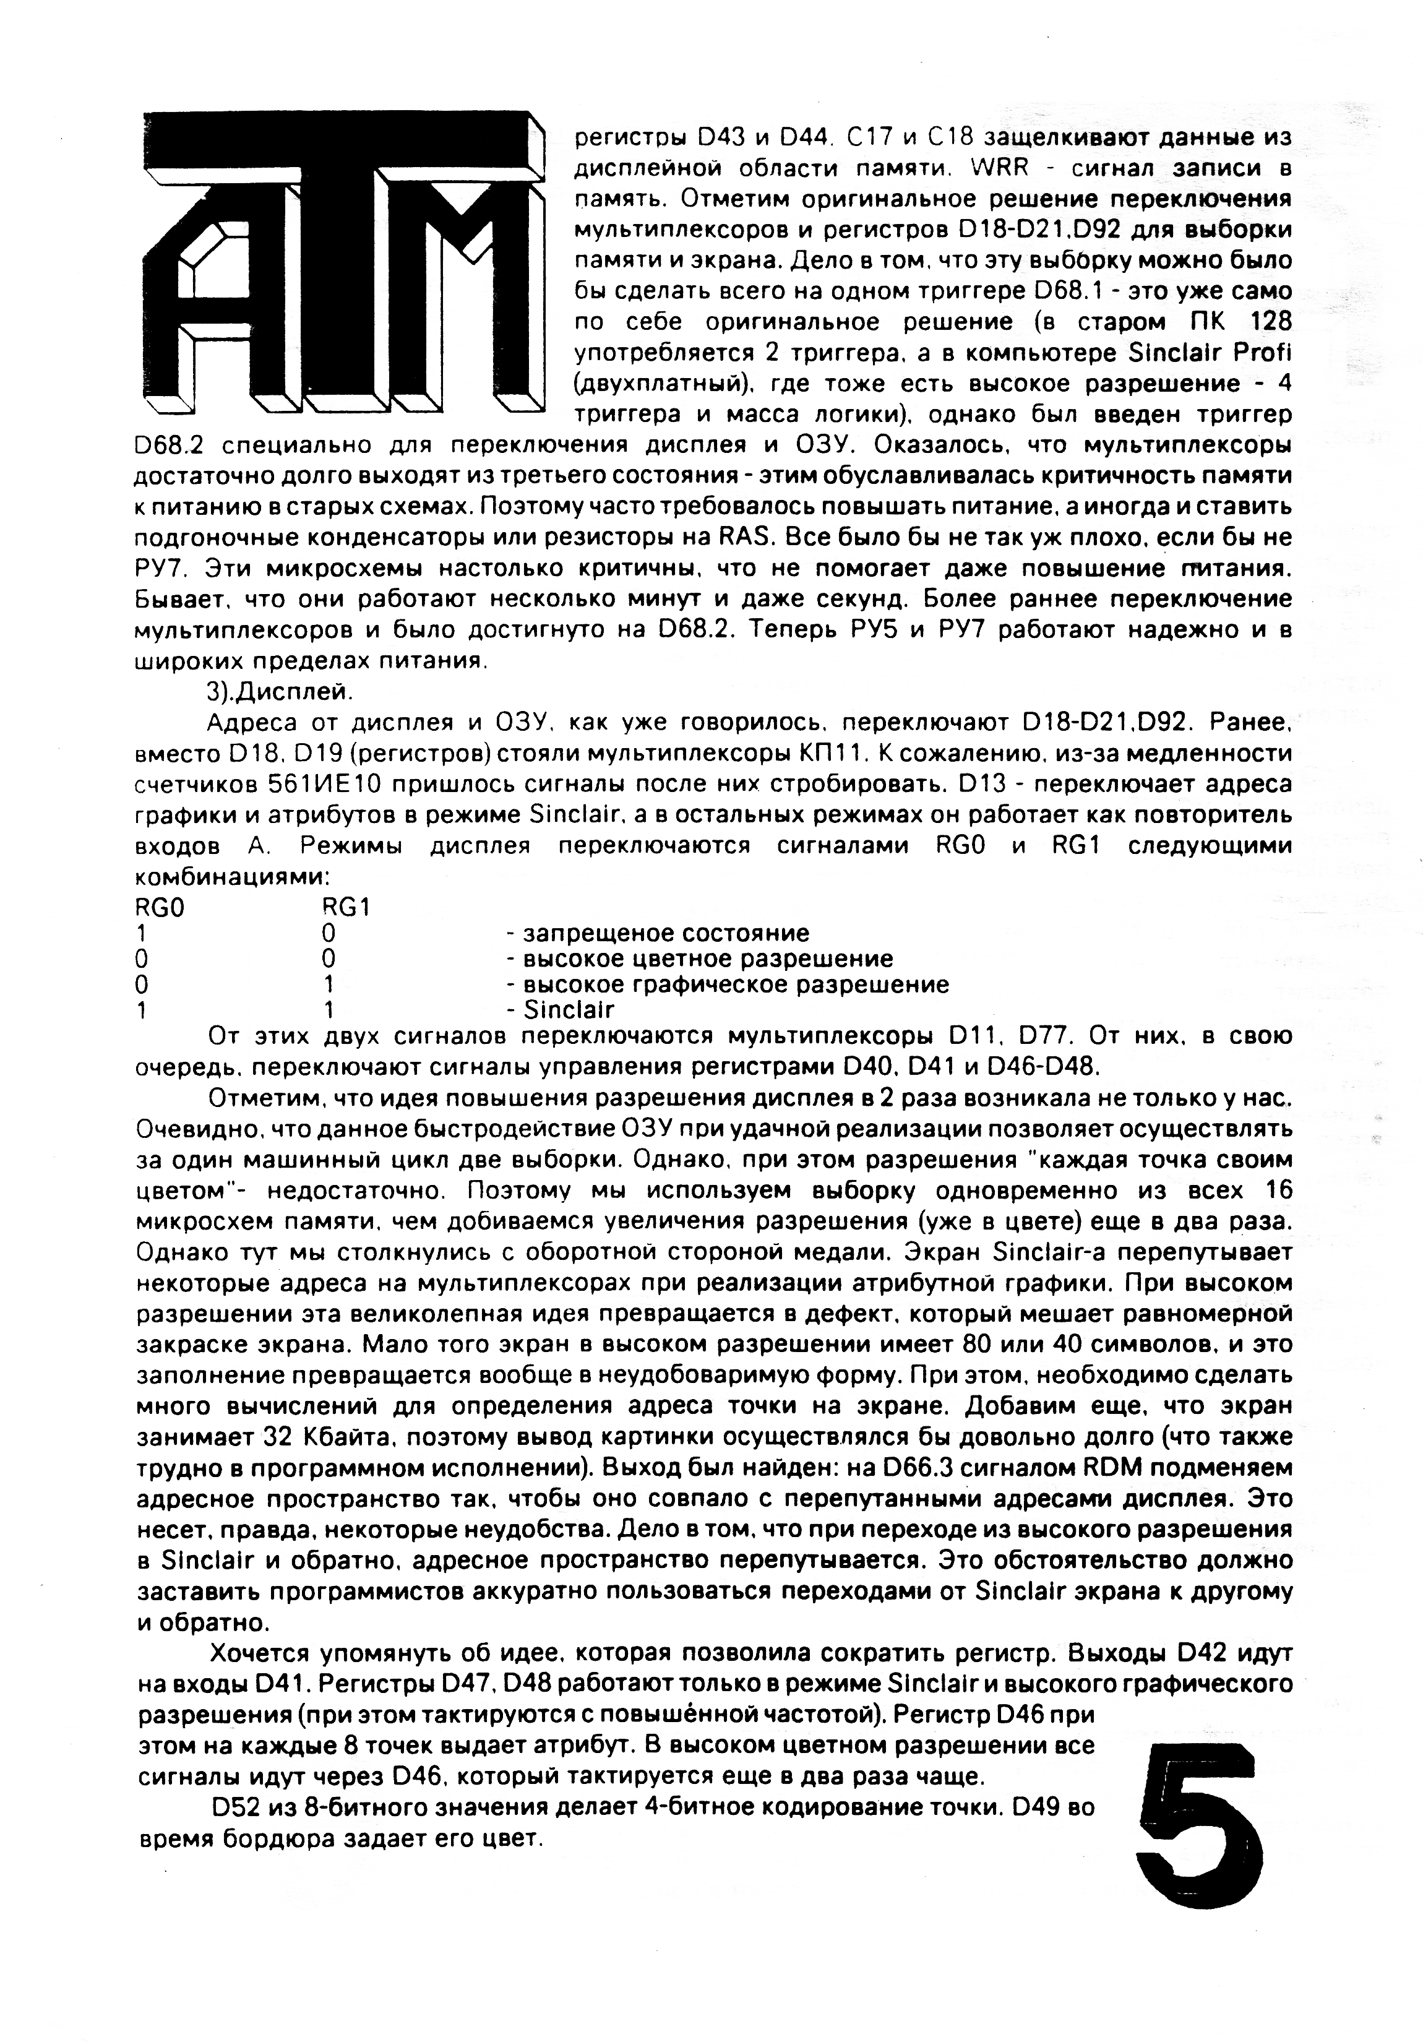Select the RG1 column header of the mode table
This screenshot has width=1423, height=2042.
point(346,907)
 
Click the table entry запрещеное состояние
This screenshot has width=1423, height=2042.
point(665,933)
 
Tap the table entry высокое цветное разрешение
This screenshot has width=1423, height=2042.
point(707,959)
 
